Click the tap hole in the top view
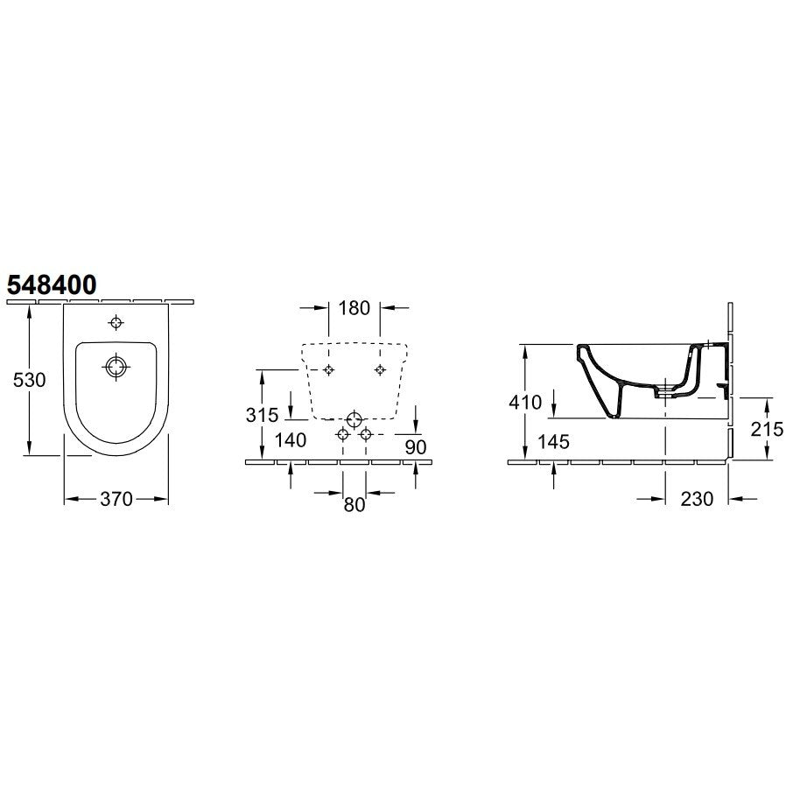pyautogui.click(x=116, y=323)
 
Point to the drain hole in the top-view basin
pyautogui.click(x=116, y=367)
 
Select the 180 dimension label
pyautogui.click(x=354, y=307)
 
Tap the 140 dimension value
pyautogui.click(x=291, y=439)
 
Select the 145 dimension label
pyautogui.click(x=553, y=442)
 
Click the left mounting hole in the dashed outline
pyautogui.click(x=328, y=369)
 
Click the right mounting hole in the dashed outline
pyautogui.click(x=379, y=369)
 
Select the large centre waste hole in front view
pyautogui.click(x=354, y=418)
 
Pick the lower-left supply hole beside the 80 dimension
pyautogui.click(x=343, y=434)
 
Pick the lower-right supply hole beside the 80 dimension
pyautogui.click(x=366, y=434)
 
